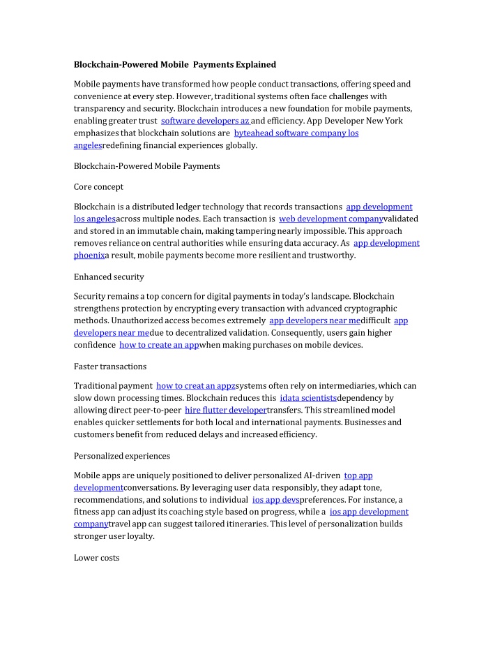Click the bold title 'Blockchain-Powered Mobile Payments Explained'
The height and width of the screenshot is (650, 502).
point(175,64)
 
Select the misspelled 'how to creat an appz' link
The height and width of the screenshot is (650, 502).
point(196,385)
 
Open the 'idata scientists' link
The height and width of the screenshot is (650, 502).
point(307,398)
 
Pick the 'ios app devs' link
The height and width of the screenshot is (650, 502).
point(275,500)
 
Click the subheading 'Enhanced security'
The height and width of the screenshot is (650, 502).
point(109,277)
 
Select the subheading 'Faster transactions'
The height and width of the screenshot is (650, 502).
point(109,367)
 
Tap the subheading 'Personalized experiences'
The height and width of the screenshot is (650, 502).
point(121,456)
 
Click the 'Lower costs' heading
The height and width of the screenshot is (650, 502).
point(96,558)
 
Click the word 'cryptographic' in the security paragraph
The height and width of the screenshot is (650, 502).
point(372,308)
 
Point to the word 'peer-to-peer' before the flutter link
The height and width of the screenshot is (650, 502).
point(157,411)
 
